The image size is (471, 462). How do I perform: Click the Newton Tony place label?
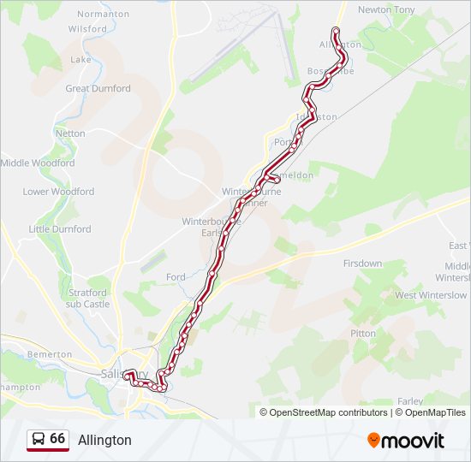point(385,9)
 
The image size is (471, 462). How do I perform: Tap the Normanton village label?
point(103,15)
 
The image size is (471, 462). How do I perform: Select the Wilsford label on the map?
point(87,28)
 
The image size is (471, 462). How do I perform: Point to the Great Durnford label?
point(98,88)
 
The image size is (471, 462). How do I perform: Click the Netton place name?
point(70,133)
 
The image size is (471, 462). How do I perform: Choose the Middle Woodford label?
point(38,163)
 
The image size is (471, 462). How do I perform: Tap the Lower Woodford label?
point(58,192)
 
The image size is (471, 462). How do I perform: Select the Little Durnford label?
point(60,229)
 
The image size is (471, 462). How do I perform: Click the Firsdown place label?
point(362,264)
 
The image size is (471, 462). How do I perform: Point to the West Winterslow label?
point(431,295)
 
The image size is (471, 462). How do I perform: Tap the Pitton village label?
point(363,333)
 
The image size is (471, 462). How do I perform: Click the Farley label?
point(410,400)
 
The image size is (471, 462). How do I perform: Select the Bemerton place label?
point(50,354)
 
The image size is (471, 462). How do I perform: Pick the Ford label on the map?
point(176,277)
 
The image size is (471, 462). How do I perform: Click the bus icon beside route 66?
point(38,439)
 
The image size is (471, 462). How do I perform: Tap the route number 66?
point(57,438)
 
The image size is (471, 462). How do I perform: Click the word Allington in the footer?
point(104,440)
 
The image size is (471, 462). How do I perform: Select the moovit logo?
point(406,440)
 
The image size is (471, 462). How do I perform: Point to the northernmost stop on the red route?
point(336,32)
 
